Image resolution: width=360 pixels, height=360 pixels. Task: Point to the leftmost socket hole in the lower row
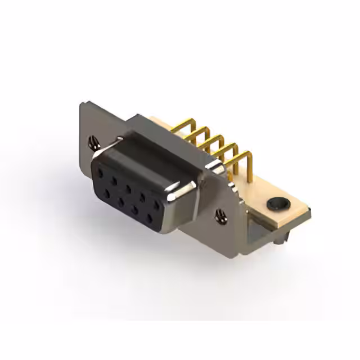click(106, 193)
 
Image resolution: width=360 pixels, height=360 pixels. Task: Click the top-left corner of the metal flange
click(82, 104)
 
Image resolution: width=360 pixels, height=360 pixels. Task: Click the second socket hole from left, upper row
click(115, 181)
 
